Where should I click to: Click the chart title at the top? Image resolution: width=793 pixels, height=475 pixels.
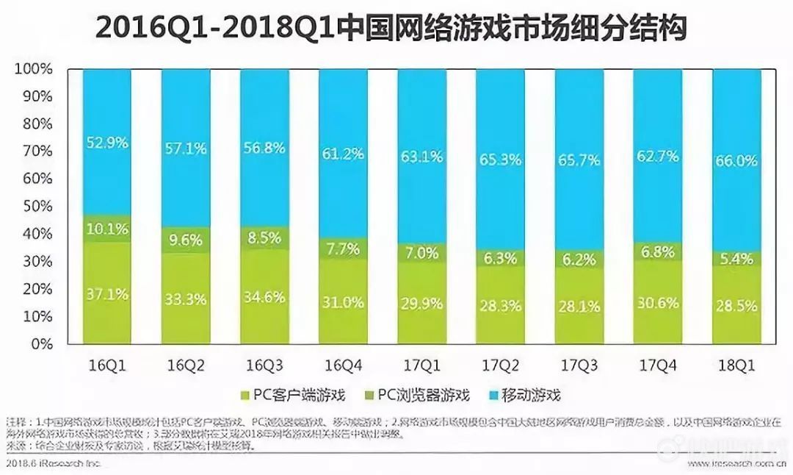(x=391, y=29)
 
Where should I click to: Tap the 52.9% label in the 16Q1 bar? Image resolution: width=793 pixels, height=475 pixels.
(x=106, y=143)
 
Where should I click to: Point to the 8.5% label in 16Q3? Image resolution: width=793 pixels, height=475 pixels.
(x=264, y=238)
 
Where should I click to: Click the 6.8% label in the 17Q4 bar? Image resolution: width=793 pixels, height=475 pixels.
(x=658, y=251)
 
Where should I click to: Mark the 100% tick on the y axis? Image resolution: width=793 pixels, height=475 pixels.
(x=33, y=69)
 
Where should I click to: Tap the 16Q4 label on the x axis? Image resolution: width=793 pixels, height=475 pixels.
(x=343, y=364)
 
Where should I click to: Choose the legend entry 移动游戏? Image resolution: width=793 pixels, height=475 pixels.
(x=522, y=396)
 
